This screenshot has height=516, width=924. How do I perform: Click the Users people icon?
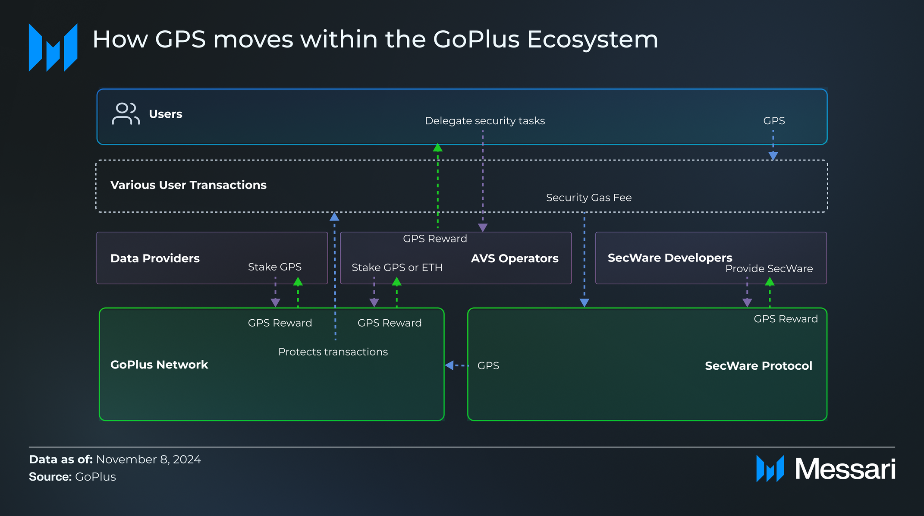(126, 114)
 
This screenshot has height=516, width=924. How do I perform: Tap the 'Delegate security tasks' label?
(484, 121)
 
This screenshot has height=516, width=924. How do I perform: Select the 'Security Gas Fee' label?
(588, 198)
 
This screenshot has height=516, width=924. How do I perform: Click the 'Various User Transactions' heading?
(188, 185)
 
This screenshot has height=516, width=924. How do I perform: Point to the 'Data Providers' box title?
(155, 258)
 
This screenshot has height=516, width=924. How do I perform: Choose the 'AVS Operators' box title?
(514, 258)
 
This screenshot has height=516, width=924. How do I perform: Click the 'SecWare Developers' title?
(669, 258)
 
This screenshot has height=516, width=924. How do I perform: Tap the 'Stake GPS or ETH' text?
(397, 267)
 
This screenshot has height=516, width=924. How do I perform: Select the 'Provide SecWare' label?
(769, 269)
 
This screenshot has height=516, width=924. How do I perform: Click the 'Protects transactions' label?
(333, 352)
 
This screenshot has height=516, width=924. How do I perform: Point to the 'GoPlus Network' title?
(159, 365)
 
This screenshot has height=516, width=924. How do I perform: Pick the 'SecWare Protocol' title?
(758, 366)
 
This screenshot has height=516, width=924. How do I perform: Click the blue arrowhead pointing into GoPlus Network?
(449, 365)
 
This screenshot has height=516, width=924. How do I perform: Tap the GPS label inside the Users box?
(774, 121)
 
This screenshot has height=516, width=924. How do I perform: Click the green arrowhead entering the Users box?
(437, 148)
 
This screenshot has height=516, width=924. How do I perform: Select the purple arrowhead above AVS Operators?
(483, 227)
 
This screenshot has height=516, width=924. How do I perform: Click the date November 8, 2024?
(148, 459)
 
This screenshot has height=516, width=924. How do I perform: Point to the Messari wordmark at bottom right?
(845, 469)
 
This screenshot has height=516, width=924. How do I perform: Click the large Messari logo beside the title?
(53, 47)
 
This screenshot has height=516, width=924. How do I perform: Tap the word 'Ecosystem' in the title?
(592, 40)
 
